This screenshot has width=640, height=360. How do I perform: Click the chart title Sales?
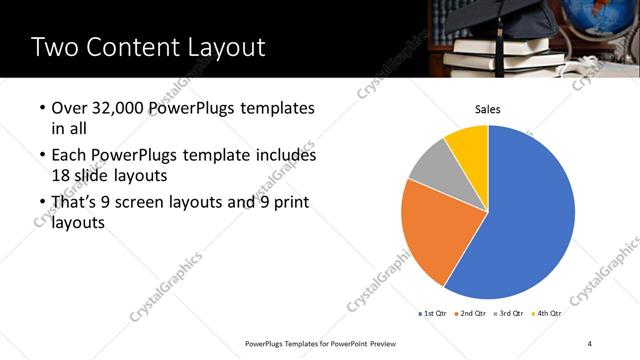click(x=487, y=109)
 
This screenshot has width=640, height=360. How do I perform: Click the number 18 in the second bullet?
click(x=62, y=175)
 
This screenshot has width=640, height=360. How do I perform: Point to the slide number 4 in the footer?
click(x=590, y=344)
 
